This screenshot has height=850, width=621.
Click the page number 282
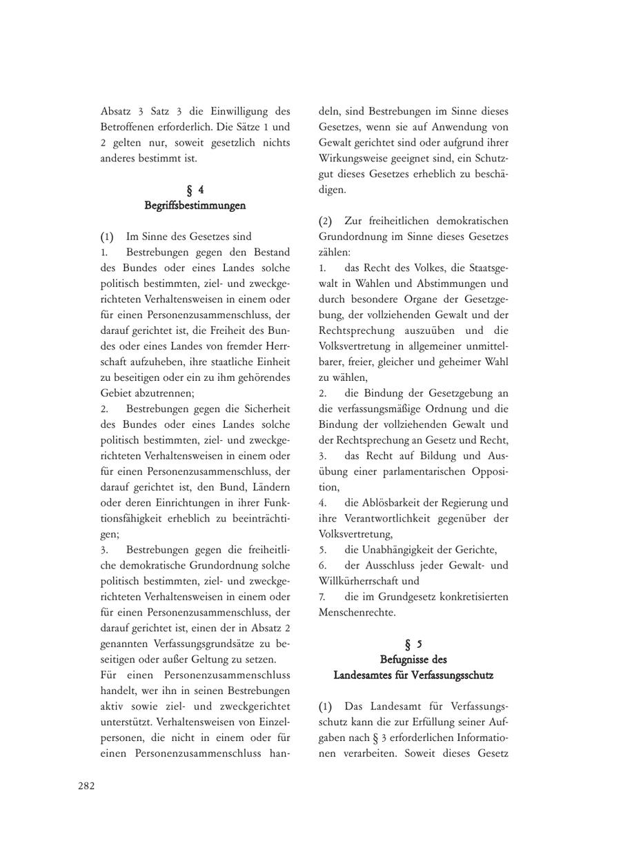(x=86, y=785)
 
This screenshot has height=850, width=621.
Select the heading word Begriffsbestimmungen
(x=195, y=206)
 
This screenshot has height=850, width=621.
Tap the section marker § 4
(x=195, y=190)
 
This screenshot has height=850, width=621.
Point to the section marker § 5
(x=413, y=644)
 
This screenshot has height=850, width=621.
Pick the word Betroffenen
(x=129, y=127)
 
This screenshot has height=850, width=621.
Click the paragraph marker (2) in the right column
(x=325, y=221)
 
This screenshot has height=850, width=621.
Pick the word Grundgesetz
(x=413, y=597)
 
